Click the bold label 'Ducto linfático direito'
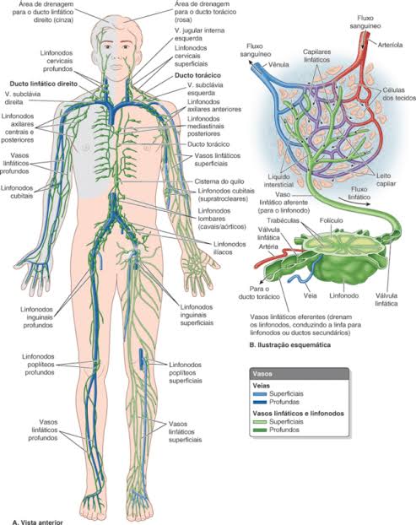(44, 84)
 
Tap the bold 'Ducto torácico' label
(197, 76)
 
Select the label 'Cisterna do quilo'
(219, 181)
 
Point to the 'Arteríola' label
(390, 45)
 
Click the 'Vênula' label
(278, 64)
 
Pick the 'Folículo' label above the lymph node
(332, 220)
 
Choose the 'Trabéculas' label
(284, 220)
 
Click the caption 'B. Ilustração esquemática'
(289, 344)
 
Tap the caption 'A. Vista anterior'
(37, 522)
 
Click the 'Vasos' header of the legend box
(262, 374)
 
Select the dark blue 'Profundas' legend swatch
(260, 402)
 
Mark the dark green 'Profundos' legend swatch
(260, 430)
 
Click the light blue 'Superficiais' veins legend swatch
(260, 394)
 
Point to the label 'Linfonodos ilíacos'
(230, 248)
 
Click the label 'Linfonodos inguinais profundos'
(38, 317)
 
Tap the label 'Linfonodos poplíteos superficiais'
(186, 373)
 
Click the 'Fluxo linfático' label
(359, 193)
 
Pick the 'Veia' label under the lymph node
(310, 295)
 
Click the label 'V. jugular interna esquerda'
(199, 35)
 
